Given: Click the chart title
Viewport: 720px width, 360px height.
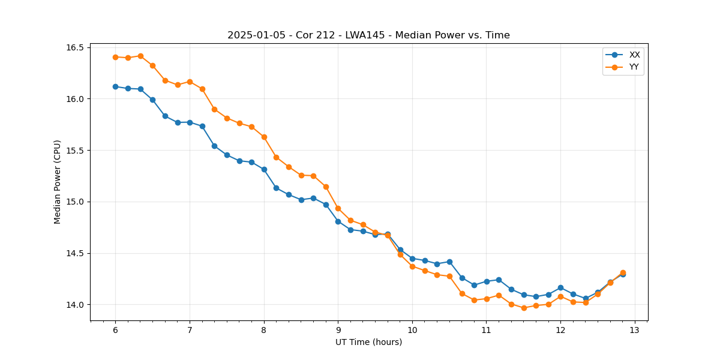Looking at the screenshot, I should click(x=368, y=35).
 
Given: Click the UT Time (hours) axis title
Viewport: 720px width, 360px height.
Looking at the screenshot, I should click(x=368, y=343).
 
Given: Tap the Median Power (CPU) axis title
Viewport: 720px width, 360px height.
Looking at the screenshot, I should click(x=58, y=182).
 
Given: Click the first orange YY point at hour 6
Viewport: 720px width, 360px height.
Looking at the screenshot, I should click(x=115, y=57).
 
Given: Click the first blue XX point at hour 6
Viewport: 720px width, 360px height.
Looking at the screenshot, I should click(x=115, y=86).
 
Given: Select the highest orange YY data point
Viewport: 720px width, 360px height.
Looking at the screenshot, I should click(x=140, y=56).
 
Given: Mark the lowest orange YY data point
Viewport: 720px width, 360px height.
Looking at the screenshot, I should click(x=524, y=308).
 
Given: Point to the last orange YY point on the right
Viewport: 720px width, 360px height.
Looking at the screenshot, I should click(x=623, y=272).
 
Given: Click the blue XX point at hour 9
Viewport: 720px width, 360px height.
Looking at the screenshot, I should click(x=338, y=221).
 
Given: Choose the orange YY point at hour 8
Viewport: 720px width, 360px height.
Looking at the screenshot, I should click(x=264, y=137).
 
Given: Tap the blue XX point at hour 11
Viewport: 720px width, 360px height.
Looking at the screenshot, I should click(x=487, y=281).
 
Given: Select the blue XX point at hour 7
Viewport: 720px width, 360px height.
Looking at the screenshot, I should click(x=190, y=122).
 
